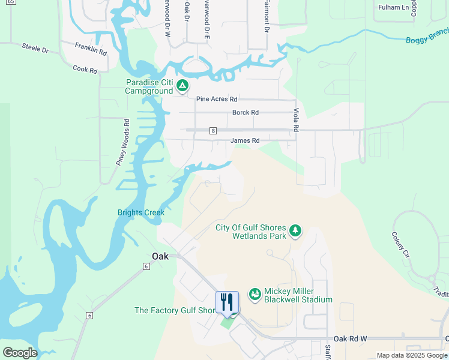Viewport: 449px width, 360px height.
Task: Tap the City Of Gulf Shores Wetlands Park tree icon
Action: (x=295, y=230)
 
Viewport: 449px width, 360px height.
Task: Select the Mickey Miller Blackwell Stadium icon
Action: (x=255, y=294)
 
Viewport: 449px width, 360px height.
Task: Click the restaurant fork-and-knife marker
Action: (x=227, y=302)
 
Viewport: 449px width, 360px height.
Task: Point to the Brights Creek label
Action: (x=140, y=212)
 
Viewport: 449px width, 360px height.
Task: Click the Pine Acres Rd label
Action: (x=217, y=99)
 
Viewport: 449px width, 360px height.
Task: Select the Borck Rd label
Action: (x=246, y=112)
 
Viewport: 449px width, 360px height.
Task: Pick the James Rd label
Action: (x=245, y=141)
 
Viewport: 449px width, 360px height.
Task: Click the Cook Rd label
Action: (x=85, y=69)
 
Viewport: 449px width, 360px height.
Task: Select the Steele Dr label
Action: (x=35, y=48)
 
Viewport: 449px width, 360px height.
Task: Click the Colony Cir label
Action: (x=400, y=245)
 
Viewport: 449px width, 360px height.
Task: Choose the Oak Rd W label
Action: (x=350, y=339)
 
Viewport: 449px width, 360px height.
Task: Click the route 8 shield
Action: (x=212, y=130)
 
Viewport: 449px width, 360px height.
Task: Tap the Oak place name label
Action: (x=160, y=256)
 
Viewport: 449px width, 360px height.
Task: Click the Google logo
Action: (x=20, y=353)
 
